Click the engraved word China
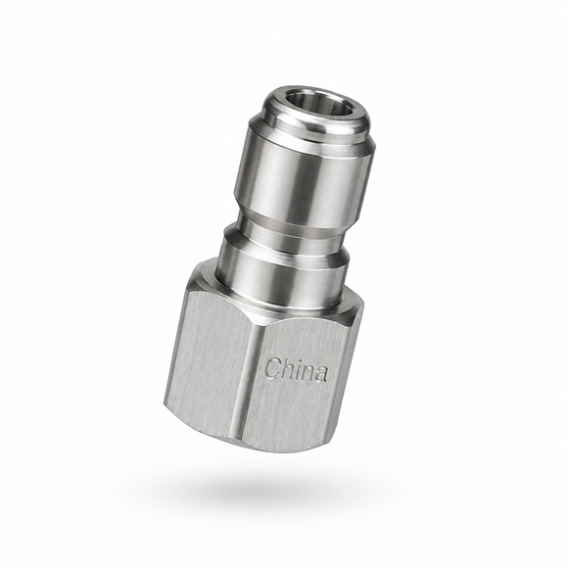click(x=297, y=369)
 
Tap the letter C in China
click(x=273, y=367)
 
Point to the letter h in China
click(x=288, y=369)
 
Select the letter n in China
click(x=307, y=372)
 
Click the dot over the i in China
click(x=297, y=360)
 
